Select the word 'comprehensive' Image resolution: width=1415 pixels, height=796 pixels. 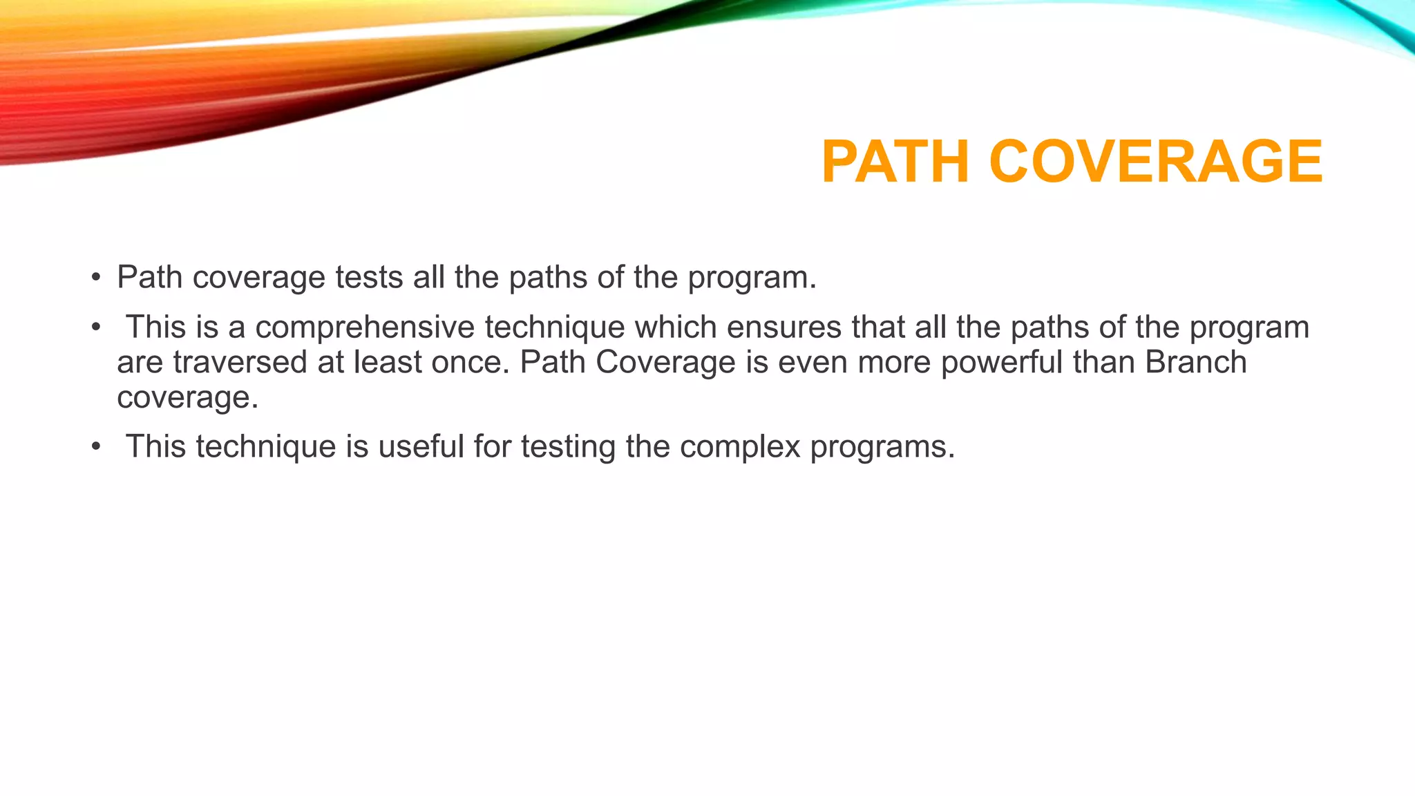tap(365, 328)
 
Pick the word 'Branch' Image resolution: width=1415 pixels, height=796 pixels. tap(1196, 362)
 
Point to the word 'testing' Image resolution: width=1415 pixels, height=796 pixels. tap(568, 447)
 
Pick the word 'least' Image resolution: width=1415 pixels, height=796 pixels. tap(388, 362)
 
